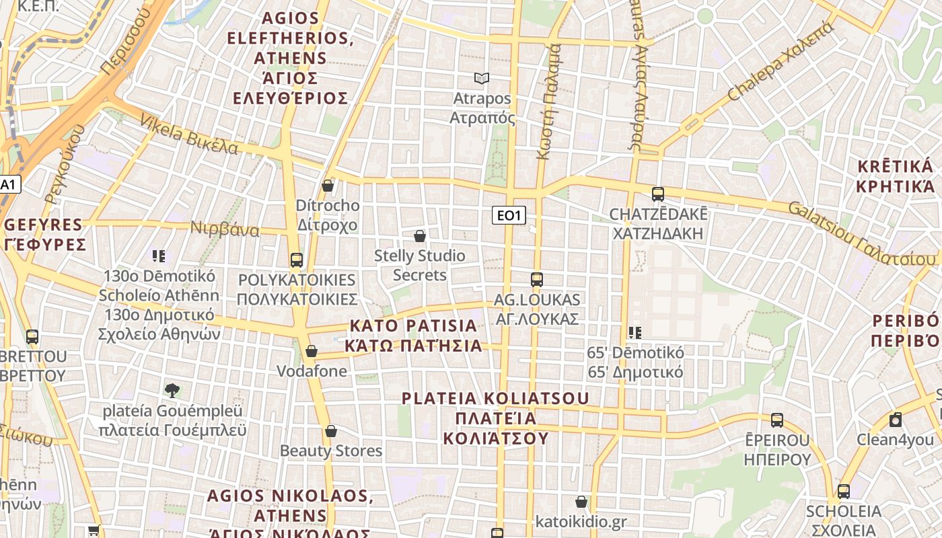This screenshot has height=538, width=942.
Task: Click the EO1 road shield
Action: point(509,215)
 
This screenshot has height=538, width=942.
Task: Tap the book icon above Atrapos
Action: point(481,79)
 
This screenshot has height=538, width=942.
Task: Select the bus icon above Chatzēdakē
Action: point(658,194)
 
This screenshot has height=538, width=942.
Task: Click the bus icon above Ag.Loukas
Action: point(536,279)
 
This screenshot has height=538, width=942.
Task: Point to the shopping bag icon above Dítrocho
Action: point(328,186)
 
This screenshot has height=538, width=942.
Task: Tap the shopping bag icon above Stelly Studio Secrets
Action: point(420,236)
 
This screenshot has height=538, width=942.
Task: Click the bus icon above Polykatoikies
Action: point(296,260)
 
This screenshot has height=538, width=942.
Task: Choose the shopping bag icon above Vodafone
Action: point(312,351)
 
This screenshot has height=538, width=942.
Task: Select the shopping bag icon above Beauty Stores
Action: point(330,431)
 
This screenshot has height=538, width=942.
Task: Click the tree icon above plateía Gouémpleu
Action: point(172,390)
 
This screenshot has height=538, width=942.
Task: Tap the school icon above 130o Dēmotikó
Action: point(159,256)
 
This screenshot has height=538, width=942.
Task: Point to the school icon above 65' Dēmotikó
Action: point(635,332)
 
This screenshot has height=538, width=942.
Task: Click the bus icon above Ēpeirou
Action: point(777,420)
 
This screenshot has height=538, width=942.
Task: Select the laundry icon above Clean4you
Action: point(896,420)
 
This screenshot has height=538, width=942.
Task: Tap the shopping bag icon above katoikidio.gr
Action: point(581,502)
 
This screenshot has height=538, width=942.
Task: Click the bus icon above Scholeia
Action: point(844,491)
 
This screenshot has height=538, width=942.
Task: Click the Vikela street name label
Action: point(188,134)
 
